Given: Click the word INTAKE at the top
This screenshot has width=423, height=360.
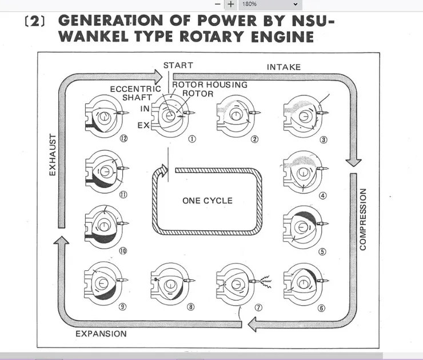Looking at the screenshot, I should [x=284, y=67].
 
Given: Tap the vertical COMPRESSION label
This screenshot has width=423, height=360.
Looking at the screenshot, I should [x=362, y=218].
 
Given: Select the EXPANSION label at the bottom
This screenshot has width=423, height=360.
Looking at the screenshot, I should [x=101, y=334].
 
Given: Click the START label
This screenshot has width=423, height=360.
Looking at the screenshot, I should [x=178, y=65].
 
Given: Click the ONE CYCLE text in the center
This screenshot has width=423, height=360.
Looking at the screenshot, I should [x=207, y=201].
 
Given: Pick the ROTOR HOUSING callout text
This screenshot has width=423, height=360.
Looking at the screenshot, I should [x=210, y=85].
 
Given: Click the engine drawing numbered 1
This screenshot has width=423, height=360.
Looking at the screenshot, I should [x=169, y=115].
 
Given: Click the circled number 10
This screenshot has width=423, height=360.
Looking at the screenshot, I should [x=122, y=251].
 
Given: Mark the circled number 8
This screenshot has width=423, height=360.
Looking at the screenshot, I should [x=190, y=307].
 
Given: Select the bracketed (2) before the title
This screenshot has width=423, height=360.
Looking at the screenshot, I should [x=35, y=21].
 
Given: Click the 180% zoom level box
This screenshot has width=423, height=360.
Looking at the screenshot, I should [x=269, y=4].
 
